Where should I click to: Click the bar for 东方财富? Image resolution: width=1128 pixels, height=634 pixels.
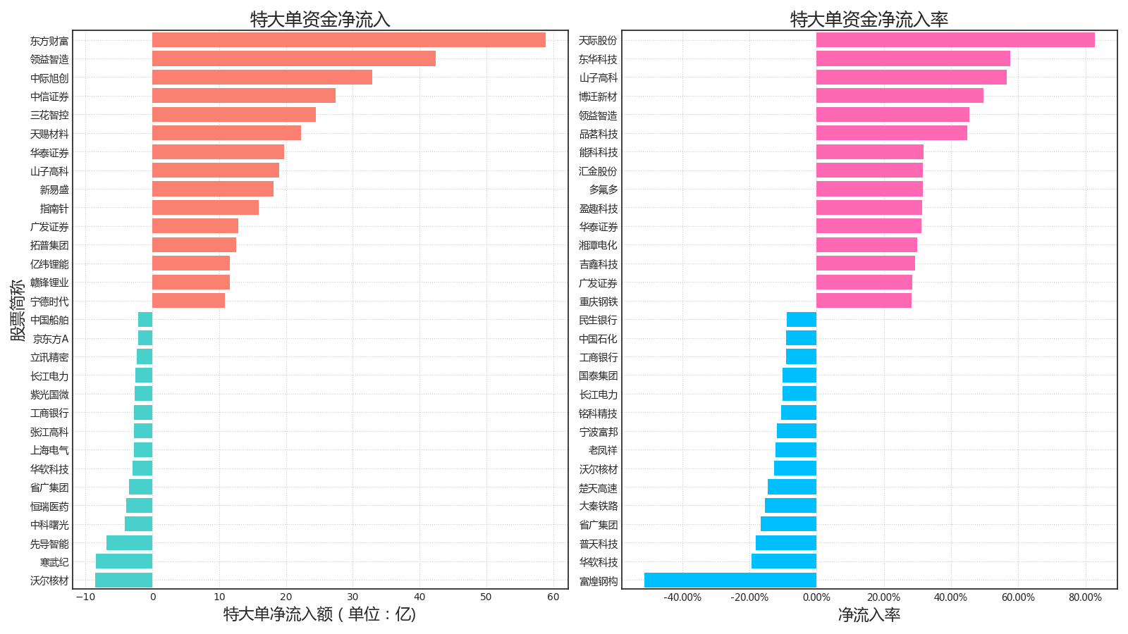[348, 40]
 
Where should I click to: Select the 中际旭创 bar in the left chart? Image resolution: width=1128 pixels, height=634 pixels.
[262, 77]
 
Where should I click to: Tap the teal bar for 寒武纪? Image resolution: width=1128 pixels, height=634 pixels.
[124, 561]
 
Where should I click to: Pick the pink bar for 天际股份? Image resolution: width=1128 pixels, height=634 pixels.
[955, 40]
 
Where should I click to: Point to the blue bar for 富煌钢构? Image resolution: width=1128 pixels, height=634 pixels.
[730, 580]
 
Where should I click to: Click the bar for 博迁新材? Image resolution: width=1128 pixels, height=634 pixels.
[899, 96]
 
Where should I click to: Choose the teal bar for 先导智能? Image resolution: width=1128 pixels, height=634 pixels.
[129, 543]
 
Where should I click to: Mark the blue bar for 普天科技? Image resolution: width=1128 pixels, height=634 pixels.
[785, 543]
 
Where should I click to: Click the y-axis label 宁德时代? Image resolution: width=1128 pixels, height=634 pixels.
[49, 302]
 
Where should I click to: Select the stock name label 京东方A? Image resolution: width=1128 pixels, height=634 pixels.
[51, 339]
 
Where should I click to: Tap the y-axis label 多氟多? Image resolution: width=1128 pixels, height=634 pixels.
[603, 189]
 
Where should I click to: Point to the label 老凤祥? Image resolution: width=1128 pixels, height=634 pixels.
[603, 450]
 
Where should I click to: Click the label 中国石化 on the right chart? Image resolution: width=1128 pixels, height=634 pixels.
[598, 339]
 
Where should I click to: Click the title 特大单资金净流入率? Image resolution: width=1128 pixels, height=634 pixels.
[869, 19]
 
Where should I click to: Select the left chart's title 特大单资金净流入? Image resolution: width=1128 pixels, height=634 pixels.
[320, 19]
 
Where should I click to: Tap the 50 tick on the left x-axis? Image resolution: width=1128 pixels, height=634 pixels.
[486, 597]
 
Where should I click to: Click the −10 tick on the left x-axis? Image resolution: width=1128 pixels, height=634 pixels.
[85, 597]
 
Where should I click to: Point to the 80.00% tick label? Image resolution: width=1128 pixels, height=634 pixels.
[1084, 597]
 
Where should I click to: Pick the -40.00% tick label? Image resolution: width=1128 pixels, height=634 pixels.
[682, 597]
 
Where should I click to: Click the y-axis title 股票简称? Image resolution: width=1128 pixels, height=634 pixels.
[18, 310]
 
